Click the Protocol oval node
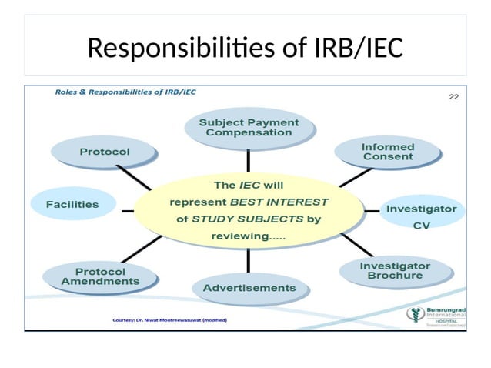(105, 152)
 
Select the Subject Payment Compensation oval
(248, 128)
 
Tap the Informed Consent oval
(387, 152)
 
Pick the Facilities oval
(72, 204)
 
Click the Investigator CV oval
(421, 216)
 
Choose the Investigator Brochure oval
(395, 270)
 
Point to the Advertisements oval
(249, 288)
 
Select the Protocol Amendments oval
(100, 277)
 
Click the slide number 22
(453, 97)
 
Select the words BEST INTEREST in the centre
(280, 202)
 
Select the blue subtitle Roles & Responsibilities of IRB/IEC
(125, 92)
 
